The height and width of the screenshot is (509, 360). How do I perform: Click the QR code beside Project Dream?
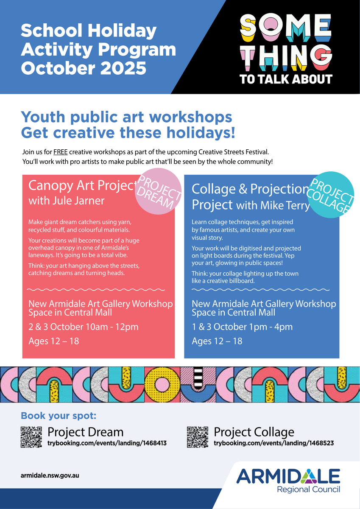(x=31, y=437)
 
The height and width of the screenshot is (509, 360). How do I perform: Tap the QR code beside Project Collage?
(x=197, y=437)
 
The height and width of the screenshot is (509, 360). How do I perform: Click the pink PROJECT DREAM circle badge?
(x=158, y=191)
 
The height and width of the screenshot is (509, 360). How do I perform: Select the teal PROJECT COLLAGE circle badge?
(x=331, y=195)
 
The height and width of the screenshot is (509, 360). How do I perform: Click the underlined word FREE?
(x=60, y=152)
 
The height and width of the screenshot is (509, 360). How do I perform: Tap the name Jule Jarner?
(x=78, y=201)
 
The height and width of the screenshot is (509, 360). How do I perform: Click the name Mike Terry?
(x=285, y=205)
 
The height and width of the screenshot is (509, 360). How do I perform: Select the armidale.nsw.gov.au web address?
(x=50, y=475)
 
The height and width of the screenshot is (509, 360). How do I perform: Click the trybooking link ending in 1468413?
(x=107, y=443)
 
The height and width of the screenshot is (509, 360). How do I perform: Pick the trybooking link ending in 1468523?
(x=273, y=443)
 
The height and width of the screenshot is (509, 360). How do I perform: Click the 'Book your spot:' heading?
(x=59, y=416)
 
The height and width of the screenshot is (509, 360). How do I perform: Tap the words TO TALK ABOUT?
(x=286, y=79)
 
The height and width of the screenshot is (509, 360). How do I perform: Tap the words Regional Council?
(x=308, y=489)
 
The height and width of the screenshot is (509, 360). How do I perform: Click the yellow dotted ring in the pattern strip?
(x=162, y=384)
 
